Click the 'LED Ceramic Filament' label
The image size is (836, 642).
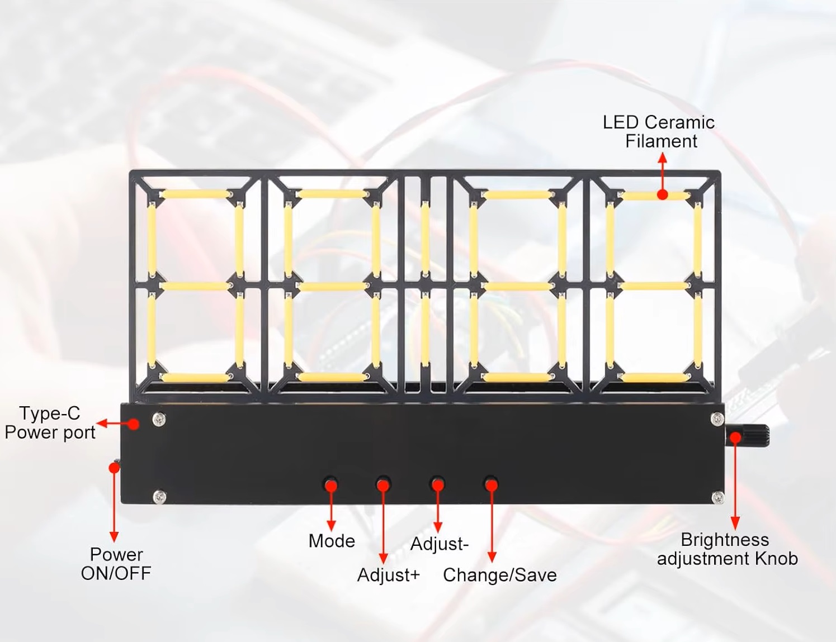pos(659,132)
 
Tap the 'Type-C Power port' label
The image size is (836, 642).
pos(50,423)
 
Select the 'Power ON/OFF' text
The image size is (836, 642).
pos(116,563)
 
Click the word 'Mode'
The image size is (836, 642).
pos(332,541)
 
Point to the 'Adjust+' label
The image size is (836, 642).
pos(388,575)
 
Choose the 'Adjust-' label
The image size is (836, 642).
pos(439,544)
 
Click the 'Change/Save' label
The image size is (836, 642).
pos(499,575)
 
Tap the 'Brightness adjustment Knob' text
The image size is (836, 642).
pos(727,549)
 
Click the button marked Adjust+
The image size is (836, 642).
pos(383,483)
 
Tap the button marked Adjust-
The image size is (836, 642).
pos(437,483)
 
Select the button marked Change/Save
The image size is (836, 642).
pos(491,483)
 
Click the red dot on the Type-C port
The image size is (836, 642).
pos(133,424)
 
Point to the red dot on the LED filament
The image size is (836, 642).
pos(662,194)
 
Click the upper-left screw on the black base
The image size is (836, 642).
pos(159,419)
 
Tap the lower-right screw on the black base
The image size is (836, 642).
pos(717,497)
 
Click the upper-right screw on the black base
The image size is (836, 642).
pos(717,419)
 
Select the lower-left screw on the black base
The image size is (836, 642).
pos(159,496)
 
